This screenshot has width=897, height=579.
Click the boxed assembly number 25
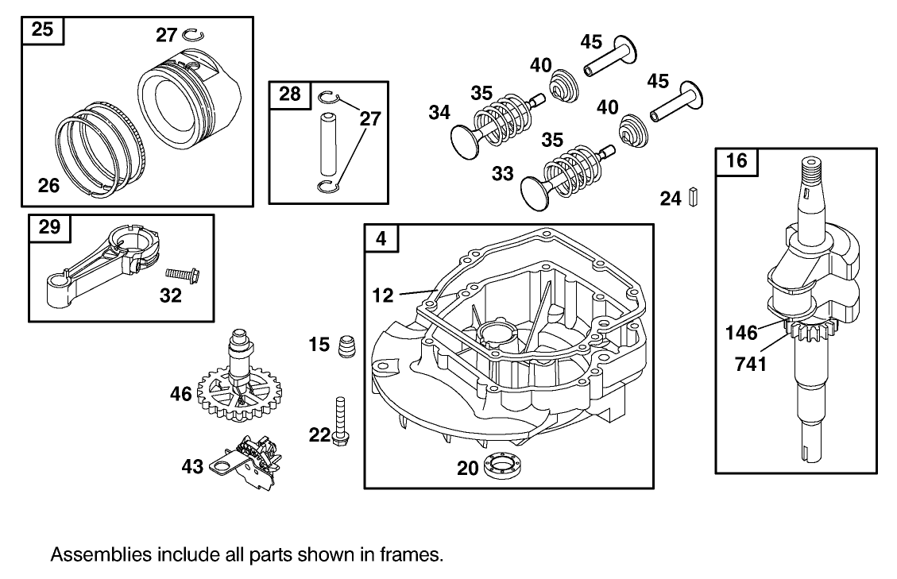43,31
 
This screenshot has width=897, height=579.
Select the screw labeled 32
183,274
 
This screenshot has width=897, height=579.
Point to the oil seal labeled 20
502,465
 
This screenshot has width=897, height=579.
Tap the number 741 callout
749,365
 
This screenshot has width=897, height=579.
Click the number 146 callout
742,333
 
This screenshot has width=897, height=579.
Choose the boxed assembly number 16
737,161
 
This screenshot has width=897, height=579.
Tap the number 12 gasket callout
383,295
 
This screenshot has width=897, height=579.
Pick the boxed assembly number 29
49,229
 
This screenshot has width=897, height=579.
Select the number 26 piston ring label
49,185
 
